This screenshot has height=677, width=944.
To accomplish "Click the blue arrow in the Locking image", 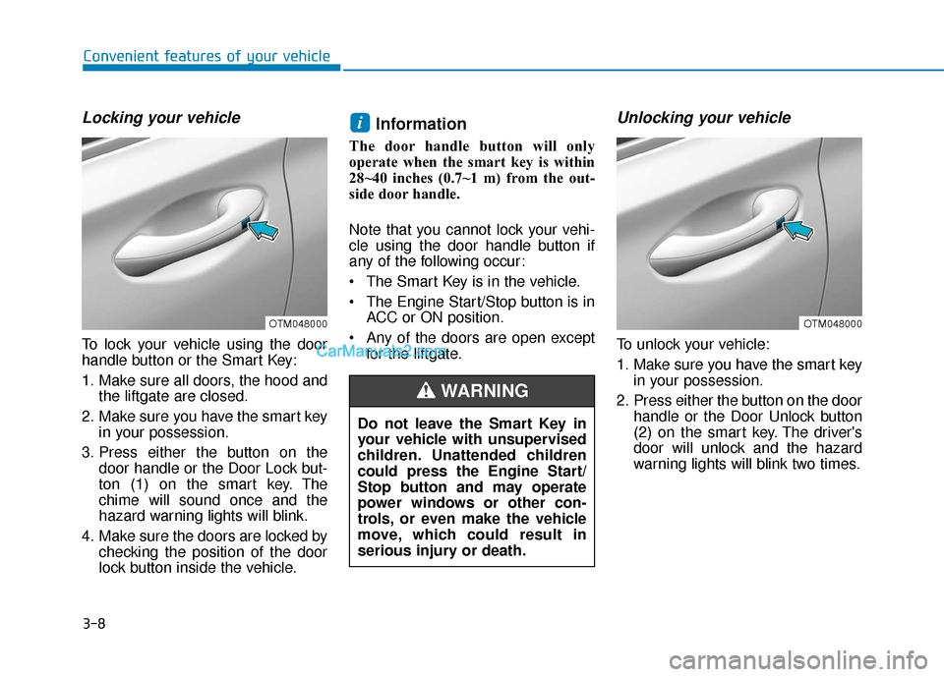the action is click(x=264, y=229).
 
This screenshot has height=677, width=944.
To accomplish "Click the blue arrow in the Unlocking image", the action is click(x=798, y=229).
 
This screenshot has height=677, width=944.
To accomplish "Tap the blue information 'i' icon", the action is click(x=360, y=123).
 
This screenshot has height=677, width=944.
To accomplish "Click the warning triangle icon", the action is click(x=426, y=391).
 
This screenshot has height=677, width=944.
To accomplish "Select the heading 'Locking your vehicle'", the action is click(x=161, y=117).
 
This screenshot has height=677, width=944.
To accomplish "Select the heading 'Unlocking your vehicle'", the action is click(x=704, y=117).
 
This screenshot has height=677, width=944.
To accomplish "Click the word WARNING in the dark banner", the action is click(x=485, y=391).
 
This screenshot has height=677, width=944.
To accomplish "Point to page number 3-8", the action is click(x=94, y=623).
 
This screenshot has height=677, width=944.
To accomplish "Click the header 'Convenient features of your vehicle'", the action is click(x=206, y=56).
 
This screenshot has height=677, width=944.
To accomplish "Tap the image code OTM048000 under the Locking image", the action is click(x=298, y=323).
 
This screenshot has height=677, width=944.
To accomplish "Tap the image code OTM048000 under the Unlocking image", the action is click(x=833, y=323).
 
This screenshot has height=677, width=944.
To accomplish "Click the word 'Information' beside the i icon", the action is click(x=421, y=124).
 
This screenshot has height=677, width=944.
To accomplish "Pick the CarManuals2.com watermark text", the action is click(x=382, y=351).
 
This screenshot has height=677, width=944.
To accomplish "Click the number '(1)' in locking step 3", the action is click(x=140, y=484).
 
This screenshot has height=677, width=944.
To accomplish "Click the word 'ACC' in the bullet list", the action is click(x=382, y=317).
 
